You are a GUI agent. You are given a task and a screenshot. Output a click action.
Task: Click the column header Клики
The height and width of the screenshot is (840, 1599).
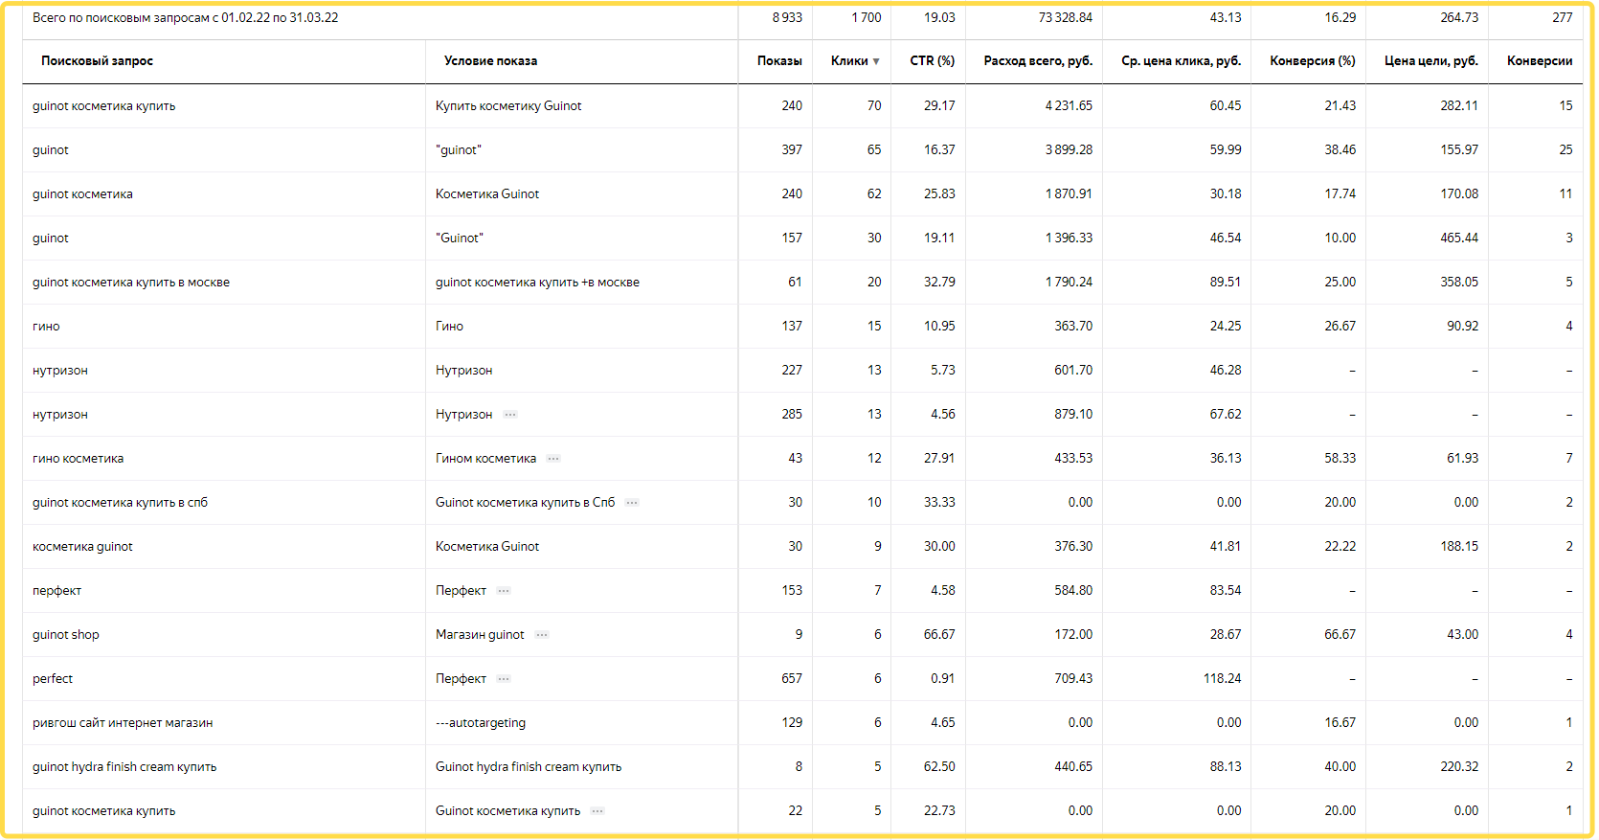(848, 61)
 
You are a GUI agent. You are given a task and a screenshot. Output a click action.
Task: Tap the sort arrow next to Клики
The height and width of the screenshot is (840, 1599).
(876, 62)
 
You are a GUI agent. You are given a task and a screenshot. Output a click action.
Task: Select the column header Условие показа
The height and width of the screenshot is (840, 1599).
(490, 61)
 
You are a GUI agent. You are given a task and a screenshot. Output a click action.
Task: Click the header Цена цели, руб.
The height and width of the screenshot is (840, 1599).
(1430, 61)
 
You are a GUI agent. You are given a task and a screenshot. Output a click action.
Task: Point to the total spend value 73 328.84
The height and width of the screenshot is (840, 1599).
(1065, 18)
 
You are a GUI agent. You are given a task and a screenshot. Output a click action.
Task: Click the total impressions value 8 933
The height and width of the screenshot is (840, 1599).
(787, 18)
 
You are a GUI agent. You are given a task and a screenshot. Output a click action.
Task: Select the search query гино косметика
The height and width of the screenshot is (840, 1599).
(79, 459)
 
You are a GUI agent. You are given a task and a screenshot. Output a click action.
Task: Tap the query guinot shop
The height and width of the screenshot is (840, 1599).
(66, 635)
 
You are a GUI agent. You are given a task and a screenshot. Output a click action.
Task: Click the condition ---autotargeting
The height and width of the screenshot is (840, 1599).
(481, 723)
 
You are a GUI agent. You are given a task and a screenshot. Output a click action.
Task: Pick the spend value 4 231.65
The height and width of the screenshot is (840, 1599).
(1069, 106)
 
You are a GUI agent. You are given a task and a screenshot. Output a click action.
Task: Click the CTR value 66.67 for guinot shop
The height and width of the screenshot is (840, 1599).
(938, 635)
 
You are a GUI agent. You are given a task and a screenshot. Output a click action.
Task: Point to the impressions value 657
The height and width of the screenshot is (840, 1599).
(792, 679)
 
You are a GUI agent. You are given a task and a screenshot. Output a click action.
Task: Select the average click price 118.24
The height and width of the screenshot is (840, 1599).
(1222, 679)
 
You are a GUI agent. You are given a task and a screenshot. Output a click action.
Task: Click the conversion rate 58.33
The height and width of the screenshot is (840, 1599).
(1340, 459)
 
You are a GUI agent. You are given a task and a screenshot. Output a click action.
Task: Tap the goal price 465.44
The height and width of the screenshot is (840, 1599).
(1459, 238)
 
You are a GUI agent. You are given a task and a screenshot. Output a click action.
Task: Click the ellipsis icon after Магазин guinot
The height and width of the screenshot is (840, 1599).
(542, 635)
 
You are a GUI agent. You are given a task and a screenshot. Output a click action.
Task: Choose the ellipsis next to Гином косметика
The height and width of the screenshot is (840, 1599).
(553, 459)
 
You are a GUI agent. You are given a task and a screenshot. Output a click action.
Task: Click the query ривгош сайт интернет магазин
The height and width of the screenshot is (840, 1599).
(123, 723)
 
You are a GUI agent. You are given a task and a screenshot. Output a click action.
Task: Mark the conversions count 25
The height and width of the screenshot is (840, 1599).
(1565, 150)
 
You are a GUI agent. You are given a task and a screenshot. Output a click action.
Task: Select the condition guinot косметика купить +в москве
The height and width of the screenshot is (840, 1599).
(537, 283)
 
